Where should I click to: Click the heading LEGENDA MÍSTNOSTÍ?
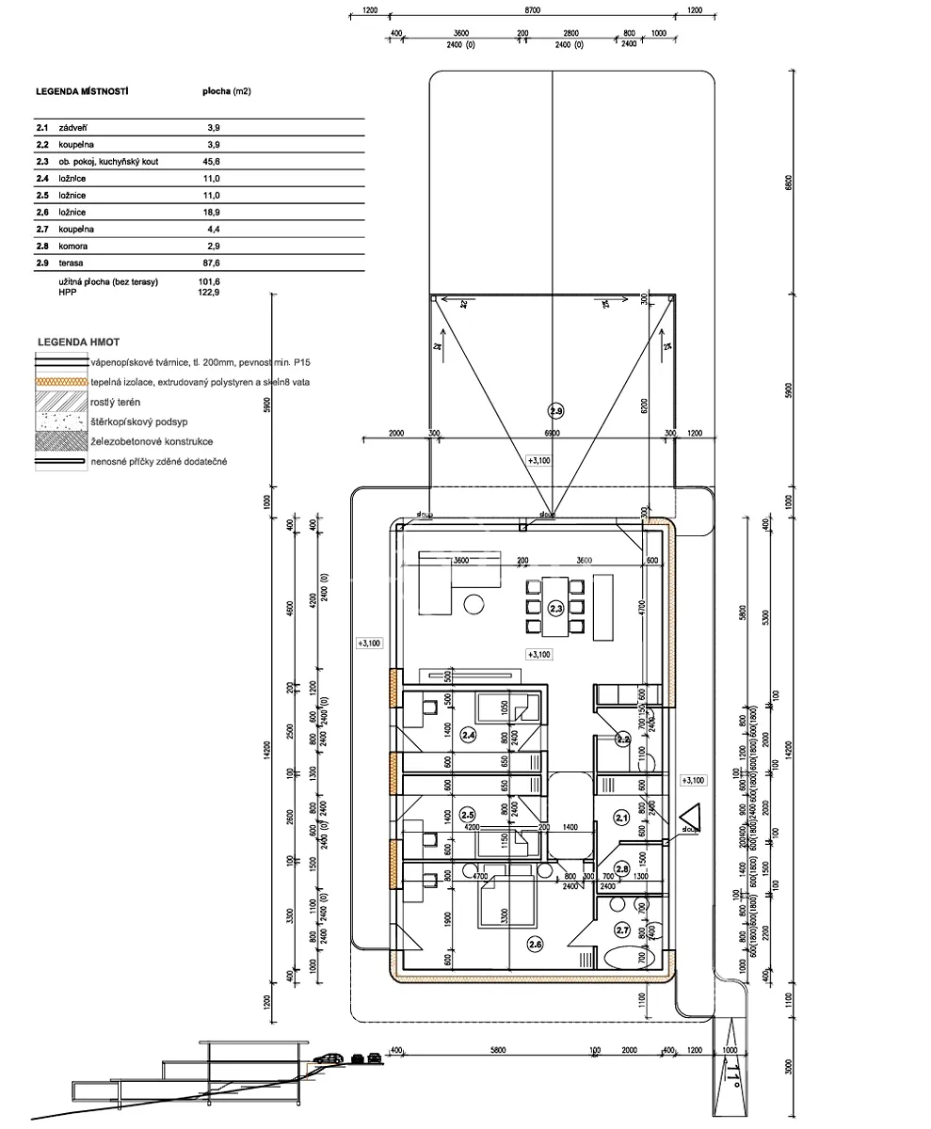(x=82, y=92)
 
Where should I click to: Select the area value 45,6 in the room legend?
(x=212, y=162)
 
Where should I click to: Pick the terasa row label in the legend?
(x=72, y=263)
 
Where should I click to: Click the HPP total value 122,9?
(x=208, y=293)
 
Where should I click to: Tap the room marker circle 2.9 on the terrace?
(x=555, y=410)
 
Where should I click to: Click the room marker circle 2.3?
(x=555, y=609)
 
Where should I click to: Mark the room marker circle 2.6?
(x=535, y=943)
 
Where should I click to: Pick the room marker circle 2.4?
(x=468, y=735)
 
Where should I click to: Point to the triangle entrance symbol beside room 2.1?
(x=691, y=817)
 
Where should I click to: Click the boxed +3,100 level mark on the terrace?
(x=539, y=461)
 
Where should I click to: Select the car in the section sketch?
(x=327, y=1058)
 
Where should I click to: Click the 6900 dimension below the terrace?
(x=552, y=433)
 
